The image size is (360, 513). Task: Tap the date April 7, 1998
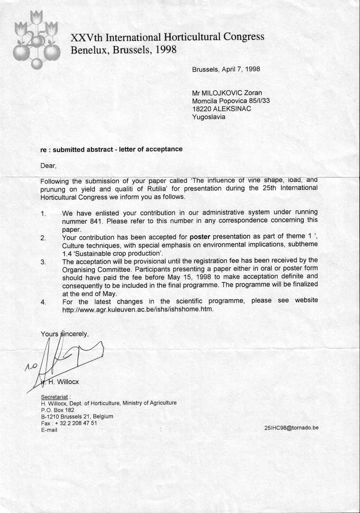[x=239, y=69]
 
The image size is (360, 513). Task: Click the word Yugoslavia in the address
[x=209, y=117]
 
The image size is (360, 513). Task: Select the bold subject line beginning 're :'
[x=112, y=149]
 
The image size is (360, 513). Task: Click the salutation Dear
[x=48, y=166]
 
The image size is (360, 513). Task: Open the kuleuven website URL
[x=137, y=309]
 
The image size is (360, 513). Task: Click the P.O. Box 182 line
[x=57, y=410]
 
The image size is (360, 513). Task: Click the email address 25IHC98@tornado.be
[x=292, y=428]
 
